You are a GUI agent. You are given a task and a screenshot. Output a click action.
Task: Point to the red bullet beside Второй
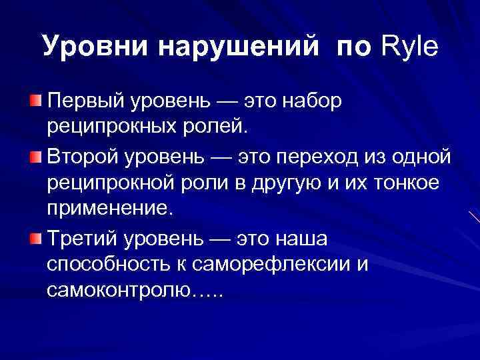tap(35, 157)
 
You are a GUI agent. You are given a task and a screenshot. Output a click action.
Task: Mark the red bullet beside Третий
tap(35, 239)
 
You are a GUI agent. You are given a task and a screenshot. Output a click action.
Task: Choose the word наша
tap(306, 239)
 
